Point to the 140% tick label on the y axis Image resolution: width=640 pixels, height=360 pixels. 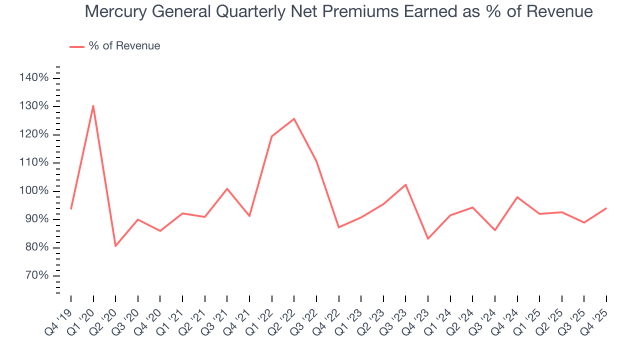tap(34, 78)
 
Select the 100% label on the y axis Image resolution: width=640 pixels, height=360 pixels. tap(34, 191)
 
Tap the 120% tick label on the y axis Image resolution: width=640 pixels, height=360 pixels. tap(34, 134)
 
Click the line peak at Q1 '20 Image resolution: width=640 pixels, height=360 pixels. tap(93, 105)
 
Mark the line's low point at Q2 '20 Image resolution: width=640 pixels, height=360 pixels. tap(115, 246)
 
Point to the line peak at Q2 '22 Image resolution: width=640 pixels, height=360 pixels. tap(294, 118)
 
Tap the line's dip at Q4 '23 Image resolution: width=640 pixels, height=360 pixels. tap(428, 238)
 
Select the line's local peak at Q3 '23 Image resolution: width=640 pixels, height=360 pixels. tap(405, 184)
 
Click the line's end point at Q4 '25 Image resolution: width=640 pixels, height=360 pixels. tap(606, 208)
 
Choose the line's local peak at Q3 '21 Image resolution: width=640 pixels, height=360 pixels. tap(227, 188)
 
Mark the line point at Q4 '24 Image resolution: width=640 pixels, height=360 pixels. tap(517, 197)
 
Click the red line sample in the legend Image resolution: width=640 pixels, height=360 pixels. tap(76, 46)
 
